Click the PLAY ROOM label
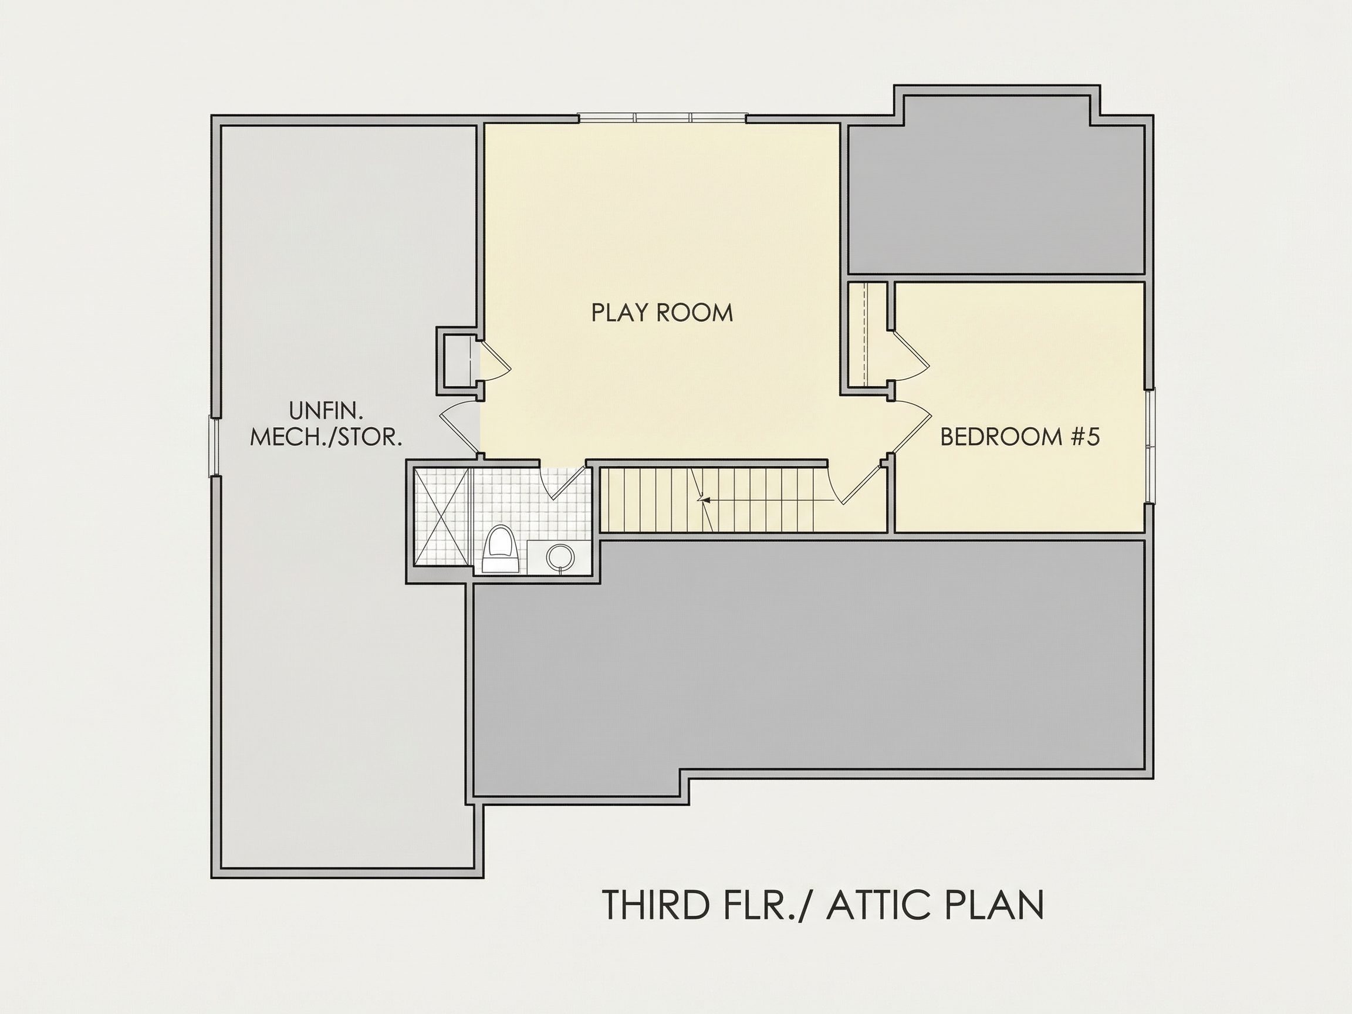662,312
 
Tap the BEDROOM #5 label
1019,437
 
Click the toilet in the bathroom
500,549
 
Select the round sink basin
560,556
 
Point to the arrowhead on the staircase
704,500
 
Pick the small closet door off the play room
494,361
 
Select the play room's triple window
663,118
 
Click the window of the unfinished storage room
215,446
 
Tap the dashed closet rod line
866,335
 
